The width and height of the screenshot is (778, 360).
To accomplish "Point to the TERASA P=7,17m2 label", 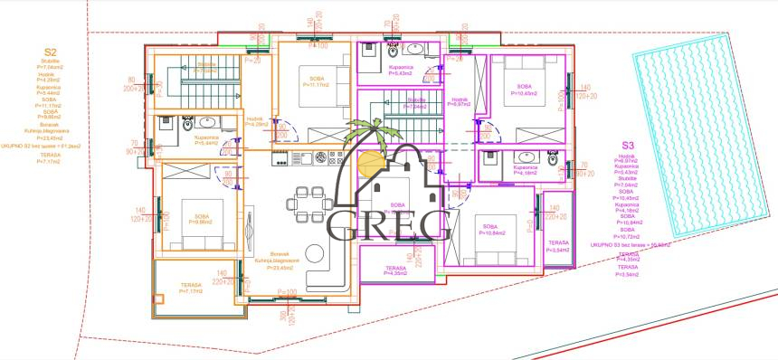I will (x=190, y=289).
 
